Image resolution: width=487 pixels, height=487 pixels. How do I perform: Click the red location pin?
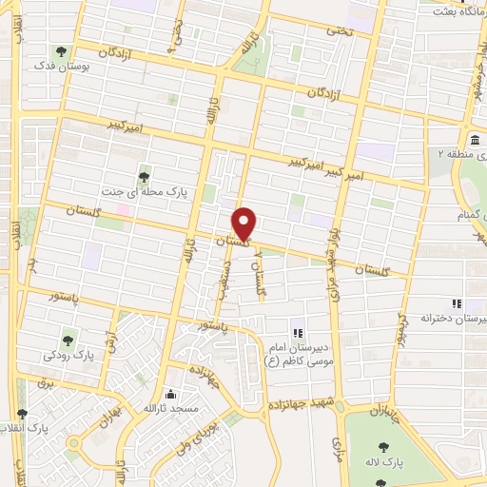[x=245, y=224]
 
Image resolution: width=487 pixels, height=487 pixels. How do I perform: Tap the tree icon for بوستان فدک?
[x=62, y=51]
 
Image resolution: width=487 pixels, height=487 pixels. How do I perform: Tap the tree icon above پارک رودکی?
[x=68, y=339]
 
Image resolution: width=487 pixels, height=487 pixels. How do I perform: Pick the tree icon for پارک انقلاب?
[x=22, y=414]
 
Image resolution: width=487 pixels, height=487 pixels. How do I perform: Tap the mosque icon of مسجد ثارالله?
[x=170, y=393]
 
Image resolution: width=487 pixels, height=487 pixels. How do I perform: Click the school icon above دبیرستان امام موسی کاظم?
[x=297, y=332]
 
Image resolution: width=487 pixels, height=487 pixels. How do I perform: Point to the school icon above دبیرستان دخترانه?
[x=458, y=303]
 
